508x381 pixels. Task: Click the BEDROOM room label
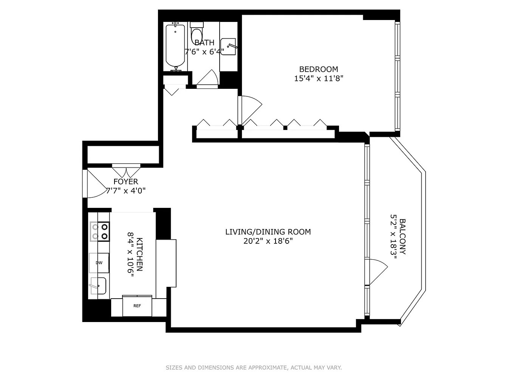pos(318,69)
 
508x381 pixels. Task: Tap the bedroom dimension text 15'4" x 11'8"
pos(318,79)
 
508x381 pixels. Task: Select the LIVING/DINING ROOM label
pos(268,232)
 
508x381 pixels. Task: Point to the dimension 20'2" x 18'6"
pos(268,241)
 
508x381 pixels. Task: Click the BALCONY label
pos(403,237)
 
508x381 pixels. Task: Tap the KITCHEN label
pos(139,254)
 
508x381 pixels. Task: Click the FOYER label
pos(126,182)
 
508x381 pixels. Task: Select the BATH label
pos(204,43)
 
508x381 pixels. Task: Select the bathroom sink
pos(228,46)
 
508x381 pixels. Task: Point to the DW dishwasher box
pos(99,263)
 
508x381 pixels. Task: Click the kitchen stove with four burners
pos(100,232)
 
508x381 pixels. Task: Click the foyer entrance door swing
pos(96,184)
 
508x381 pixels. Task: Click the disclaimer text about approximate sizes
pos(254,367)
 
